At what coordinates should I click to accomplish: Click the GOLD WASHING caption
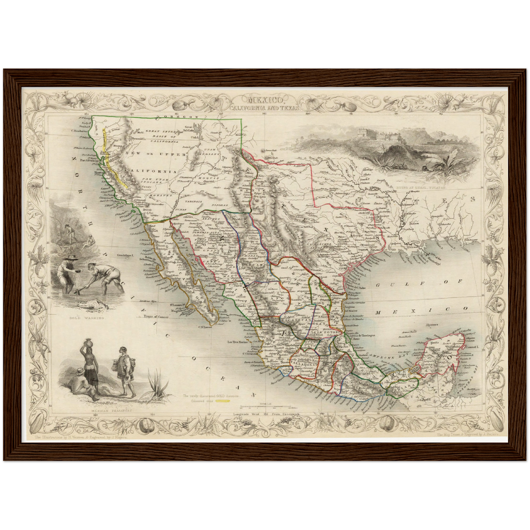tap(87, 318)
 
